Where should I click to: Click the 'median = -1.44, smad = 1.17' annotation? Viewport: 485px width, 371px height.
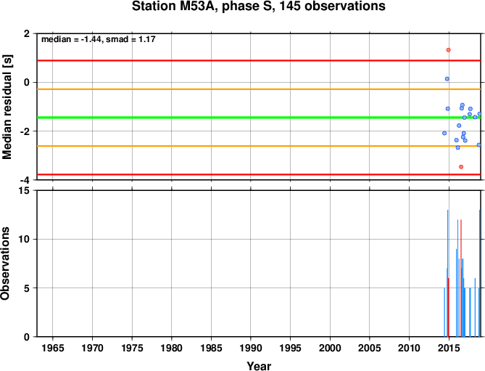click(99, 39)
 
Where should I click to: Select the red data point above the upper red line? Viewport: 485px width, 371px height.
click(448, 50)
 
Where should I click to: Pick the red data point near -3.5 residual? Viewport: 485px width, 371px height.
click(461, 167)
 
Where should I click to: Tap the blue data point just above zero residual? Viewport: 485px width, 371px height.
click(447, 79)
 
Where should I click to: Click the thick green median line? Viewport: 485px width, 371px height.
click(259, 118)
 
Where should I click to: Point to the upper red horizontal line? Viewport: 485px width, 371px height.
click(259, 60)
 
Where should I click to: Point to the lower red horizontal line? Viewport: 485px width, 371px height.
click(259, 175)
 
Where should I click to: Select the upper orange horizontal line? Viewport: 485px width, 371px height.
click(259, 89)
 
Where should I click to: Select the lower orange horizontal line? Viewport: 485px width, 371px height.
click(259, 146)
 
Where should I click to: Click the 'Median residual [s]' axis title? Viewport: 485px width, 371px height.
click(7, 107)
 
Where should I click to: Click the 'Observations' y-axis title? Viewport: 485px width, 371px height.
click(5, 264)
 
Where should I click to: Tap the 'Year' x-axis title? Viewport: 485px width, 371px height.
click(259, 365)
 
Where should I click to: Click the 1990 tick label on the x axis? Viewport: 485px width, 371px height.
click(251, 348)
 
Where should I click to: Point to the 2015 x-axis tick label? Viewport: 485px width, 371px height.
click(449, 348)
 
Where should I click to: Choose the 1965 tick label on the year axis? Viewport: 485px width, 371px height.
click(53, 348)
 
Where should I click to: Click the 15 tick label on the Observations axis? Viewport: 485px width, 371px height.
click(27, 190)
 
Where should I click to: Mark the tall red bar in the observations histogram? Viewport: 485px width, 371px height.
click(461, 278)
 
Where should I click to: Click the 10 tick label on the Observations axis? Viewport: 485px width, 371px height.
click(27, 239)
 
